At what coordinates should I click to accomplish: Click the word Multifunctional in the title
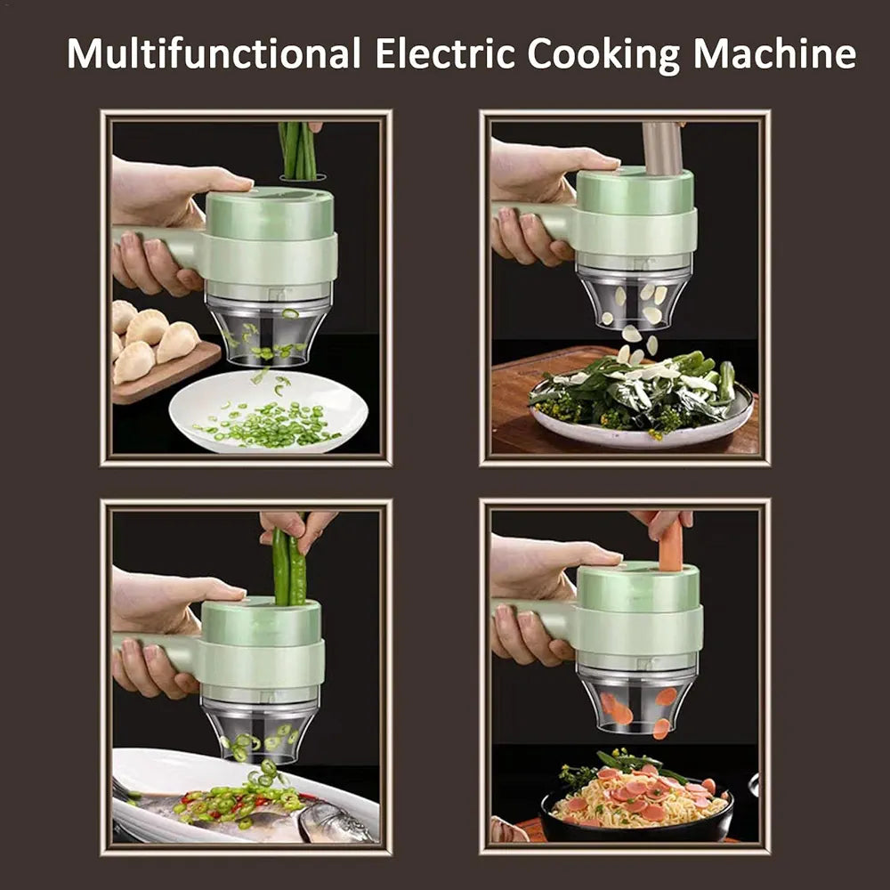[x=214, y=53]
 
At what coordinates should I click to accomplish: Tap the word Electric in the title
[x=445, y=53]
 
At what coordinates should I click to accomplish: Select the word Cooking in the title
[x=603, y=55]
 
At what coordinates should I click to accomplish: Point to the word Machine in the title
[x=774, y=53]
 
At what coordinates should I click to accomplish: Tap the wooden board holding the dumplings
[x=166, y=372]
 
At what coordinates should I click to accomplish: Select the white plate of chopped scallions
[x=268, y=411]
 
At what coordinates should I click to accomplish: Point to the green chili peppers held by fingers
[x=289, y=566]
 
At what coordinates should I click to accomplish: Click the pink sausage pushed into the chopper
[x=670, y=546]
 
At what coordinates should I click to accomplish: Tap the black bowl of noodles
[x=636, y=809]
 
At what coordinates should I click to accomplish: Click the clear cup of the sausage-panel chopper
[x=637, y=700]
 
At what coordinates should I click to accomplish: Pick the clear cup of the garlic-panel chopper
[x=634, y=300]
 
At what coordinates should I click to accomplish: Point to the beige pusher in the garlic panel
[x=662, y=148]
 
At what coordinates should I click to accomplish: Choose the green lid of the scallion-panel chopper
[x=270, y=214]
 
